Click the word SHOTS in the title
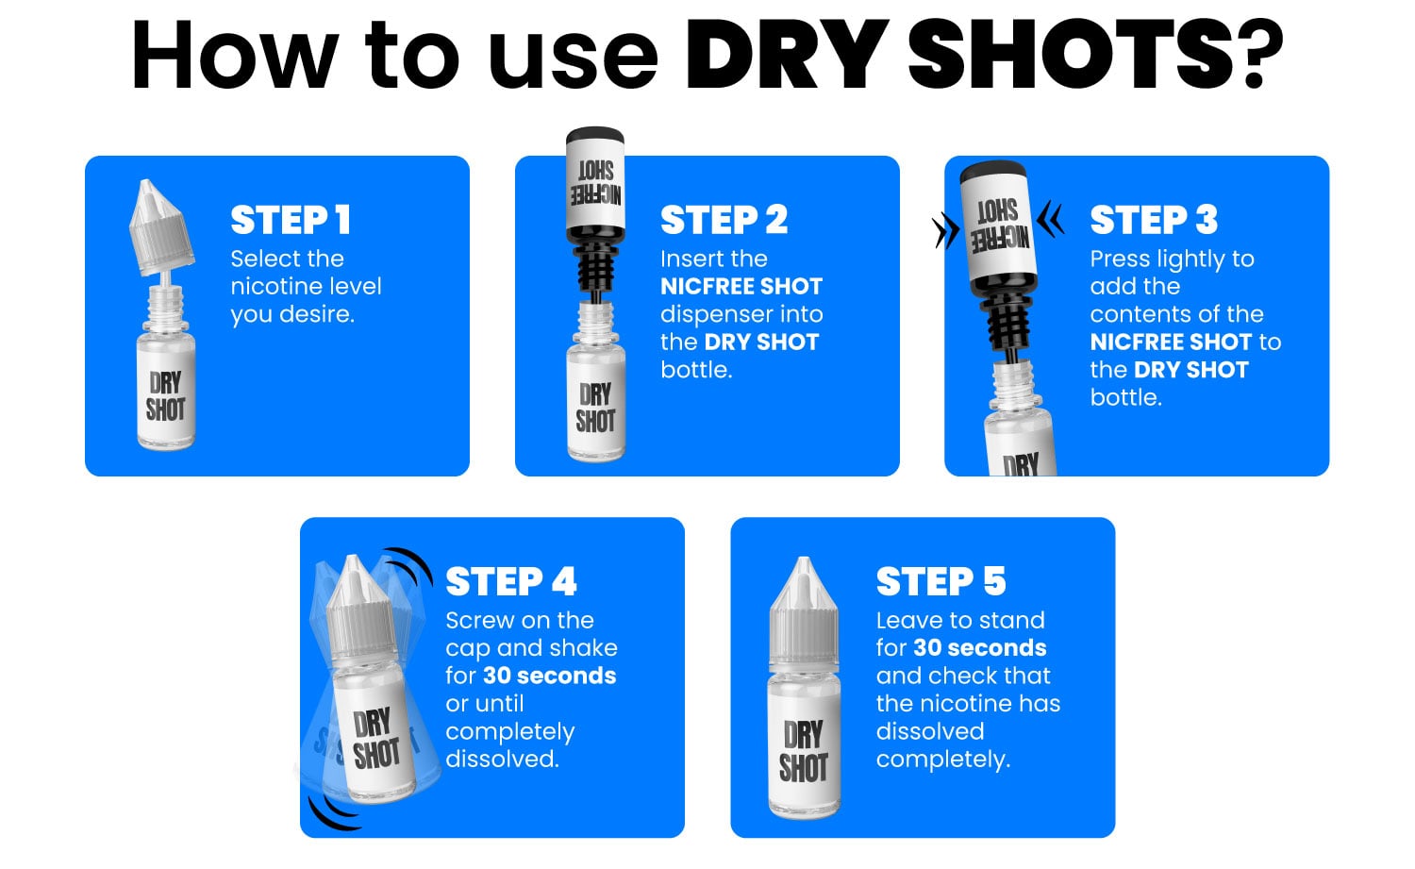(1072, 55)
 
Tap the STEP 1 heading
(291, 220)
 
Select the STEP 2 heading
(724, 220)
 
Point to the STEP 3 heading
(1154, 220)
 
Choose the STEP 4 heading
(510, 582)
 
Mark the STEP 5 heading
(941, 582)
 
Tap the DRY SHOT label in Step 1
(165, 396)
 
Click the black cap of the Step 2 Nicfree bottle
(594, 140)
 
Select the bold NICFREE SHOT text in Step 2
(741, 287)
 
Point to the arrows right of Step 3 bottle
(1050, 220)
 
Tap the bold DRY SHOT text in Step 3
(1190, 370)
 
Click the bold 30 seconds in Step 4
(549, 676)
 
